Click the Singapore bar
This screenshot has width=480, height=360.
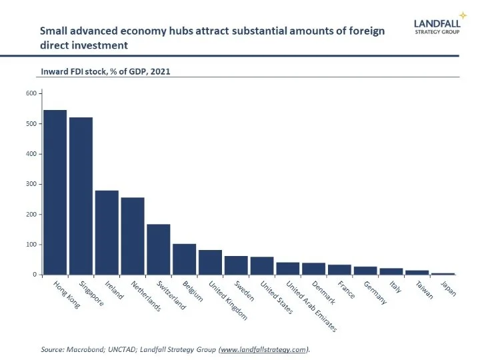(81, 196)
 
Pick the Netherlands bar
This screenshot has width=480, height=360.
(133, 236)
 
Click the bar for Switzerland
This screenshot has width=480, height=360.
(159, 249)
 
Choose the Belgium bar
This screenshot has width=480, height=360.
(185, 259)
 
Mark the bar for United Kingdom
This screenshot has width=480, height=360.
(211, 262)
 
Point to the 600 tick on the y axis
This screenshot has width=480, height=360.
(30, 93)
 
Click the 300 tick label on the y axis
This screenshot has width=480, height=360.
(30, 184)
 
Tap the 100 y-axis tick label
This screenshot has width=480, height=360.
(30, 245)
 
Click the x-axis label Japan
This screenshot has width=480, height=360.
(448, 289)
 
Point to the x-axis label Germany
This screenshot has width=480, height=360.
(375, 293)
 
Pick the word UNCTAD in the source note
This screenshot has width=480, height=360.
(115, 349)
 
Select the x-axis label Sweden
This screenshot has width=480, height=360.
(243, 291)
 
